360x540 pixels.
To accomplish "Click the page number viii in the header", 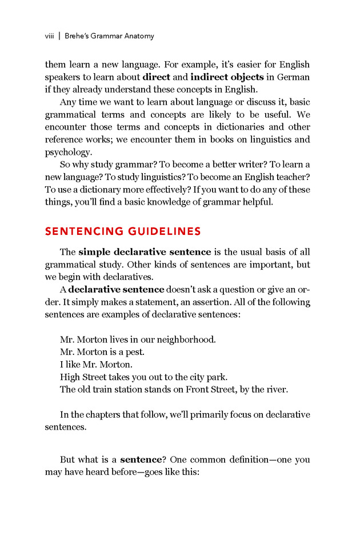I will [49, 36].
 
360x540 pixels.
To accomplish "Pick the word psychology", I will [67, 153].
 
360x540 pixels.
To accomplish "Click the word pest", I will [133, 352].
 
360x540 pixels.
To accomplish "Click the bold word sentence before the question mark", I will [139, 459].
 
